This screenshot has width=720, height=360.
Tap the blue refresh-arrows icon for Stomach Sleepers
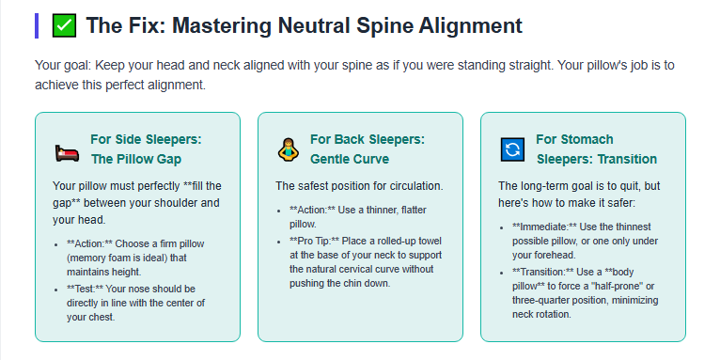[512, 149]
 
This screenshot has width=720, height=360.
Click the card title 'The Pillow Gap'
[134, 159]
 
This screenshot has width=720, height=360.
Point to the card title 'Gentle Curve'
[349, 159]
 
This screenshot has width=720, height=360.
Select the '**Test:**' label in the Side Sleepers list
[88, 289]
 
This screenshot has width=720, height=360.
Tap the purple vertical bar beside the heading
[37, 25]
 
